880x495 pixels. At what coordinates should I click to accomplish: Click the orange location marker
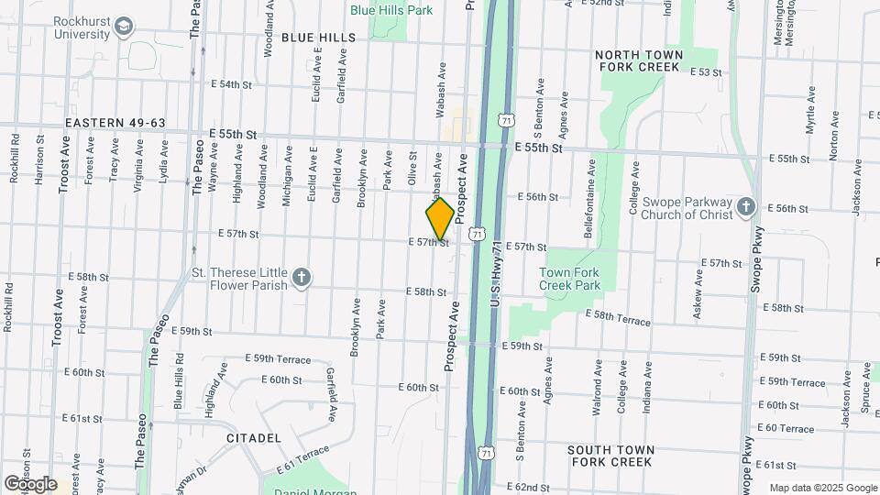tap(440, 218)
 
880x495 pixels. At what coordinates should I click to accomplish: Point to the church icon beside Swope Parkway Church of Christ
tap(745, 207)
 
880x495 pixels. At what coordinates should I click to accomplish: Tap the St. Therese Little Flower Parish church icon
tap(300, 278)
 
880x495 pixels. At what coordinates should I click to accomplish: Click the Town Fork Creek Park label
tap(569, 279)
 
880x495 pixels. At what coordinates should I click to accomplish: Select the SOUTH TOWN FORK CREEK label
tap(610, 456)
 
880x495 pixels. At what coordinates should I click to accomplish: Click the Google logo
tap(30, 484)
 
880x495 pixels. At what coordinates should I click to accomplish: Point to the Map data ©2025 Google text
tap(823, 488)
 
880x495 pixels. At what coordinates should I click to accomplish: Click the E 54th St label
tap(230, 84)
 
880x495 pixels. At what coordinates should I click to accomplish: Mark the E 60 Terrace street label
tap(786, 428)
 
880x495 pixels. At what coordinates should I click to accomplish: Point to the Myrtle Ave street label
tap(809, 111)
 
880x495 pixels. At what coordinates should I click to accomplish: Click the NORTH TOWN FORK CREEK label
tap(639, 61)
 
